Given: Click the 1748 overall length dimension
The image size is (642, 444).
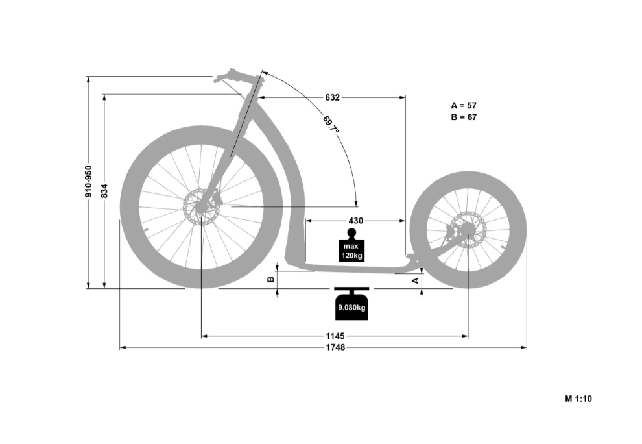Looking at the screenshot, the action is (x=335, y=347).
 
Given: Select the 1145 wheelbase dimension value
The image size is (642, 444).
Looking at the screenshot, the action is (x=335, y=336).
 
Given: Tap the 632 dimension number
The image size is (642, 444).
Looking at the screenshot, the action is (x=332, y=97).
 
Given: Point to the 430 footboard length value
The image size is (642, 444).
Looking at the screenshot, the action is (x=355, y=221).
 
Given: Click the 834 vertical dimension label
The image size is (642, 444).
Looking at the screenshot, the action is (x=104, y=191).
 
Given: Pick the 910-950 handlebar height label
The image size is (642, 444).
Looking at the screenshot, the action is (x=89, y=181).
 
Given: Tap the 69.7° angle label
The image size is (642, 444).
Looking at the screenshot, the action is (x=331, y=125).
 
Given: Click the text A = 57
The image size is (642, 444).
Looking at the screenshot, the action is (x=464, y=105).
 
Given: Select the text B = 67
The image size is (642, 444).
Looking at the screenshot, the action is (x=464, y=117).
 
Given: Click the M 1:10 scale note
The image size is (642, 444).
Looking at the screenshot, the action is (x=578, y=399).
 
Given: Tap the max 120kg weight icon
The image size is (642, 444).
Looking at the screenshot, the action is (x=351, y=245).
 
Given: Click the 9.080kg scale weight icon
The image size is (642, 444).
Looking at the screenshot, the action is (x=351, y=303).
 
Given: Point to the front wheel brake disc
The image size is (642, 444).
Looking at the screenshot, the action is (x=201, y=206).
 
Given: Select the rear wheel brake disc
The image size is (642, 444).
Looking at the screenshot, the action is (x=468, y=230).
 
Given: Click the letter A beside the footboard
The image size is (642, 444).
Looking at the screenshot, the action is (x=415, y=280).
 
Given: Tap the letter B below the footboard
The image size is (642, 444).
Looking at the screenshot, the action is (x=270, y=280).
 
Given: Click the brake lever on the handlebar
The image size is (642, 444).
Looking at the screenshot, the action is (x=230, y=85).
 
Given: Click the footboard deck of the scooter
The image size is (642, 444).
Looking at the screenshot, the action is (x=352, y=267).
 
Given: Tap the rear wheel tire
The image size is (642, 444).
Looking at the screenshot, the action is (x=468, y=230).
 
